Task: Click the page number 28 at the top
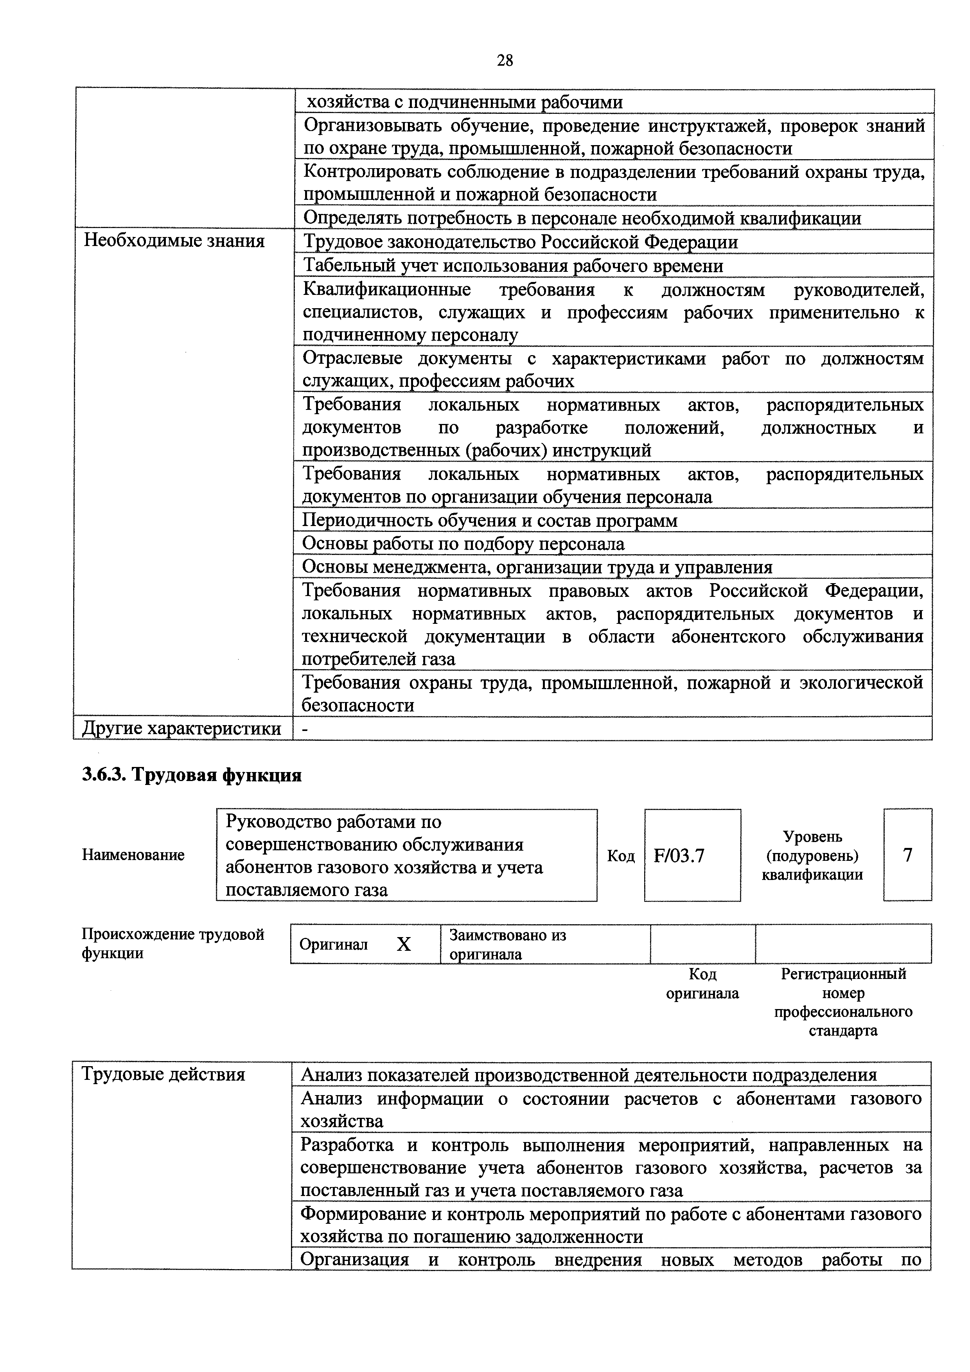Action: click(x=505, y=60)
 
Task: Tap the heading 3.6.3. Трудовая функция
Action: click(x=191, y=775)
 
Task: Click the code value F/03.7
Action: click(x=679, y=856)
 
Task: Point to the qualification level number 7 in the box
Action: click(x=907, y=855)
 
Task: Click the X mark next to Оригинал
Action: click(x=404, y=944)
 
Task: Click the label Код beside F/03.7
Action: click(x=620, y=856)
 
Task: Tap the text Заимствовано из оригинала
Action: click(x=507, y=944)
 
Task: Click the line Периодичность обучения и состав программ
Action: click(x=489, y=521)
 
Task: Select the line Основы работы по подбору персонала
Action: click(x=463, y=544)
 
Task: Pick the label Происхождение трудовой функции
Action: click(x=173, y=944)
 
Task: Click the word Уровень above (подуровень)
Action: click(x=812, y=837)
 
